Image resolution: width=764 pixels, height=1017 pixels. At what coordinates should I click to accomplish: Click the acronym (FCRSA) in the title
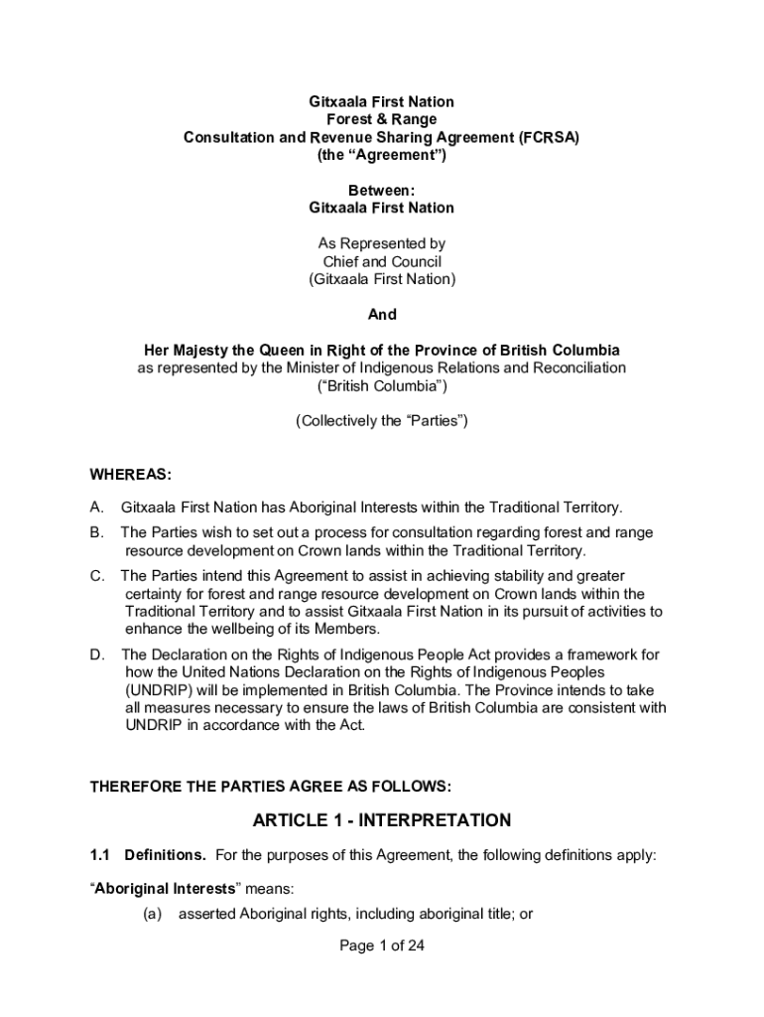click(x=547, y=138)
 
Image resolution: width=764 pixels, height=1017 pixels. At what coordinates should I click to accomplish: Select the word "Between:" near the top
click(x=381, y=190)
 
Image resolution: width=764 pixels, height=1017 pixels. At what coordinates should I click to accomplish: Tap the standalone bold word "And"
click(x=382, y=315)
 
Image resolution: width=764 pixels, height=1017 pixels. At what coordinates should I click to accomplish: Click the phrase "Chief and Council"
click(x=382, y=262)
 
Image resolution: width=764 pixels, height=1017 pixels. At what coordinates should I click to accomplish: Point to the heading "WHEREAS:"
click(x=131, y=474)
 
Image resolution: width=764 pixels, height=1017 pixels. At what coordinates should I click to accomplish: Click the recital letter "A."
click(x=97, y=508)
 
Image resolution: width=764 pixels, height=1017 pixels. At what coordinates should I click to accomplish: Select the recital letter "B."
click(x=97, y=533)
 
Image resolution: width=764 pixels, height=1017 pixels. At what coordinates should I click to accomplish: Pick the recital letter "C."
click(x=97, y=576)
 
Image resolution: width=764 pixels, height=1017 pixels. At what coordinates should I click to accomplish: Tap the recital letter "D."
click(x=97, y=654)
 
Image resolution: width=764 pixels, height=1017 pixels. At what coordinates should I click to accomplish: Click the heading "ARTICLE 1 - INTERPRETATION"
click(x=382, y=820)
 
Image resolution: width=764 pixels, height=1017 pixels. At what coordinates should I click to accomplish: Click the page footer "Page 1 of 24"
click(x=382, y=946)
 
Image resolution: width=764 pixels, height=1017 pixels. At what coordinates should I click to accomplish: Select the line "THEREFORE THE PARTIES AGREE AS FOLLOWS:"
click(x=271, y=787)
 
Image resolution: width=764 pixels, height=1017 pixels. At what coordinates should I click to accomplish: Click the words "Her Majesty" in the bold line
click(x=186, y=351)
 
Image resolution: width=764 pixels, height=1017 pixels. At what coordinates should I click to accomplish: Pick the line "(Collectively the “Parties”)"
click(x=382, y=421)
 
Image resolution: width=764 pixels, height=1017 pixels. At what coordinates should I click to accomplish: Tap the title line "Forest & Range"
click(x=382, y=120)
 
